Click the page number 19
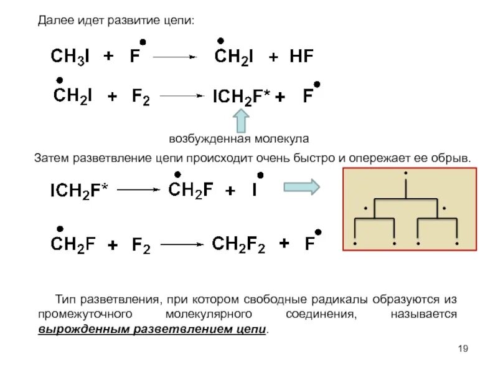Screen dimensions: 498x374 coord(462,348)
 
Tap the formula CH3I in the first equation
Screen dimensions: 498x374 coord(70,57)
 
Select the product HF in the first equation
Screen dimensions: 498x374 coord(301,57)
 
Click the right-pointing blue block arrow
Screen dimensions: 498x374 coord(301,186)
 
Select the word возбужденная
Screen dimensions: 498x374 coord(209,138)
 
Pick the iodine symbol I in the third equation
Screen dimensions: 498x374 coord(255,191)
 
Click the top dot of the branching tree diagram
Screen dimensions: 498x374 coord(405,173)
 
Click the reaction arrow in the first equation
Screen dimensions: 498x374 coord(174,57)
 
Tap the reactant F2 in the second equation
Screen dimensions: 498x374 coord(140,97)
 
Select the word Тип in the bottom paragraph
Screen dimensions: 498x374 coord(66,300)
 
